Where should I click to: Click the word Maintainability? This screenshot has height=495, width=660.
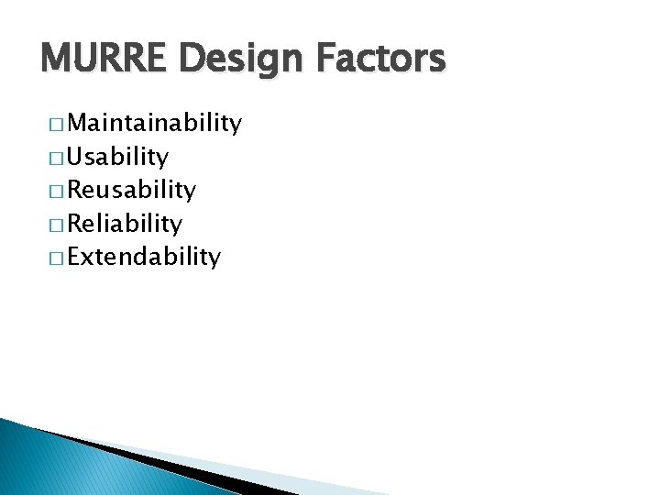coord(155,124)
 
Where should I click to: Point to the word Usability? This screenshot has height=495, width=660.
coord(118,157)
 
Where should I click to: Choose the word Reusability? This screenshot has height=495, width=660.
coord(132,190)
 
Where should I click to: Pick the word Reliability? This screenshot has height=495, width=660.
coord(125,223)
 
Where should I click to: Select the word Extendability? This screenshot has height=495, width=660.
coord(144,256)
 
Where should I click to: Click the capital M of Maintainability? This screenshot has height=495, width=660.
coord(79,124)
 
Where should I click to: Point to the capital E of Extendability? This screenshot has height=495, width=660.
coord(74,256)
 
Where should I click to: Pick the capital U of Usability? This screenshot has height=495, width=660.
coord(76,157)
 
